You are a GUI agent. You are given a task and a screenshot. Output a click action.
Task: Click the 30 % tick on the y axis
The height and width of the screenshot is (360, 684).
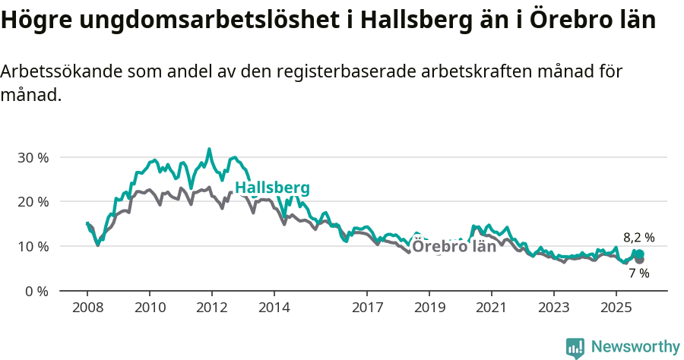[33, 157]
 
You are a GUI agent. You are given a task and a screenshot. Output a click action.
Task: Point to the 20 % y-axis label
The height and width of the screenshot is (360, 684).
[33, 202]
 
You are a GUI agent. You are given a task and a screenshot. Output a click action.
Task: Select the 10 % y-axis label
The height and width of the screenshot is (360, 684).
[33, 246]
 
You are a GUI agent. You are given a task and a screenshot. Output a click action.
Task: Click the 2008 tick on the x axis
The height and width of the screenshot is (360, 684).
[87, 308]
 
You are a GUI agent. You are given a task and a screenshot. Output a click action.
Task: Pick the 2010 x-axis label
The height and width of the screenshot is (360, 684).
[150, 308]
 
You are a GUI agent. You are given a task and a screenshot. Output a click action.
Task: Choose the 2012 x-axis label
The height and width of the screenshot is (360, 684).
[212, 308]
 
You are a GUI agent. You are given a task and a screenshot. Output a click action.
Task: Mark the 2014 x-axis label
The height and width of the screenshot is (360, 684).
[274, 308]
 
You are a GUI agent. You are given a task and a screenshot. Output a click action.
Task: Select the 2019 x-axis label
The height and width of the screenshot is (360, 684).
[429, 308]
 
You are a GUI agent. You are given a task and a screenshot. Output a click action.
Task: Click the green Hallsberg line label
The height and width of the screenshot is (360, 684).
[272, 188]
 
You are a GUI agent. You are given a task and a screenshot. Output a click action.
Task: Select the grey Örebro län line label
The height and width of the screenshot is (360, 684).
[454, 246]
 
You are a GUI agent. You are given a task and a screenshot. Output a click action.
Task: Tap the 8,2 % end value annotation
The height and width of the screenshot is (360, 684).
[638, 238]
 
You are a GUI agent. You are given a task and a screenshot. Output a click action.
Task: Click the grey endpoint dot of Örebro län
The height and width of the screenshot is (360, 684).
[639, 260]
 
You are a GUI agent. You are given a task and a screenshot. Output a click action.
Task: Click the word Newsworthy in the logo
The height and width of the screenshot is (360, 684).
[635, 347]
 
